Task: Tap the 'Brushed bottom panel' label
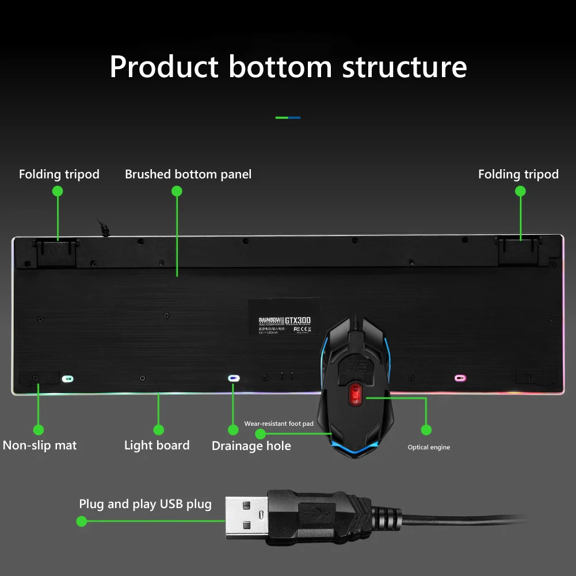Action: point(188,174)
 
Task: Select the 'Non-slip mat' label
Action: point(40,445)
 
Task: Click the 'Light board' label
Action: point(157,445)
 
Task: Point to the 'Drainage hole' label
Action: point(251,446)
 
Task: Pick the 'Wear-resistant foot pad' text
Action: point(279,424)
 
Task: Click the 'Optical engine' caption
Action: point(429,447)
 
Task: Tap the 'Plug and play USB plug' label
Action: point(145,505)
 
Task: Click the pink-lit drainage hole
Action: point(460,378)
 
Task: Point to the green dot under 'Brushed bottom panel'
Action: point(177,192)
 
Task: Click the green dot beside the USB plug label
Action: point(82,521)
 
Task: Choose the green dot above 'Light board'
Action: point(159,430)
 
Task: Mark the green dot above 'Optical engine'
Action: point(426,429)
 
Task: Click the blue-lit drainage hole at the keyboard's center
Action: point(234,378)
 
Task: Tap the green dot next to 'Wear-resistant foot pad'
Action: point(260,433)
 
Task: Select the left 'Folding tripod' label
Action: point(59,174)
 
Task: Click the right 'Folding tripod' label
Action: point(518,174)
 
